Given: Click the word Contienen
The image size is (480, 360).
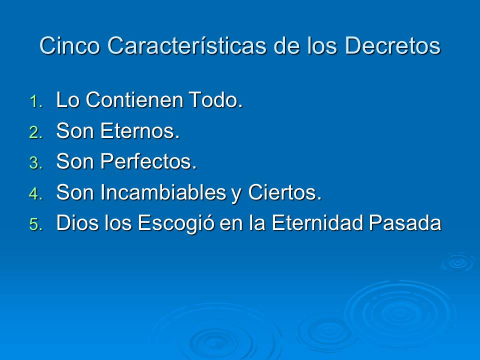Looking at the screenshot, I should tap(134, 100).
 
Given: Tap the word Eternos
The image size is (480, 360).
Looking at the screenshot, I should tap(140, 131).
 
